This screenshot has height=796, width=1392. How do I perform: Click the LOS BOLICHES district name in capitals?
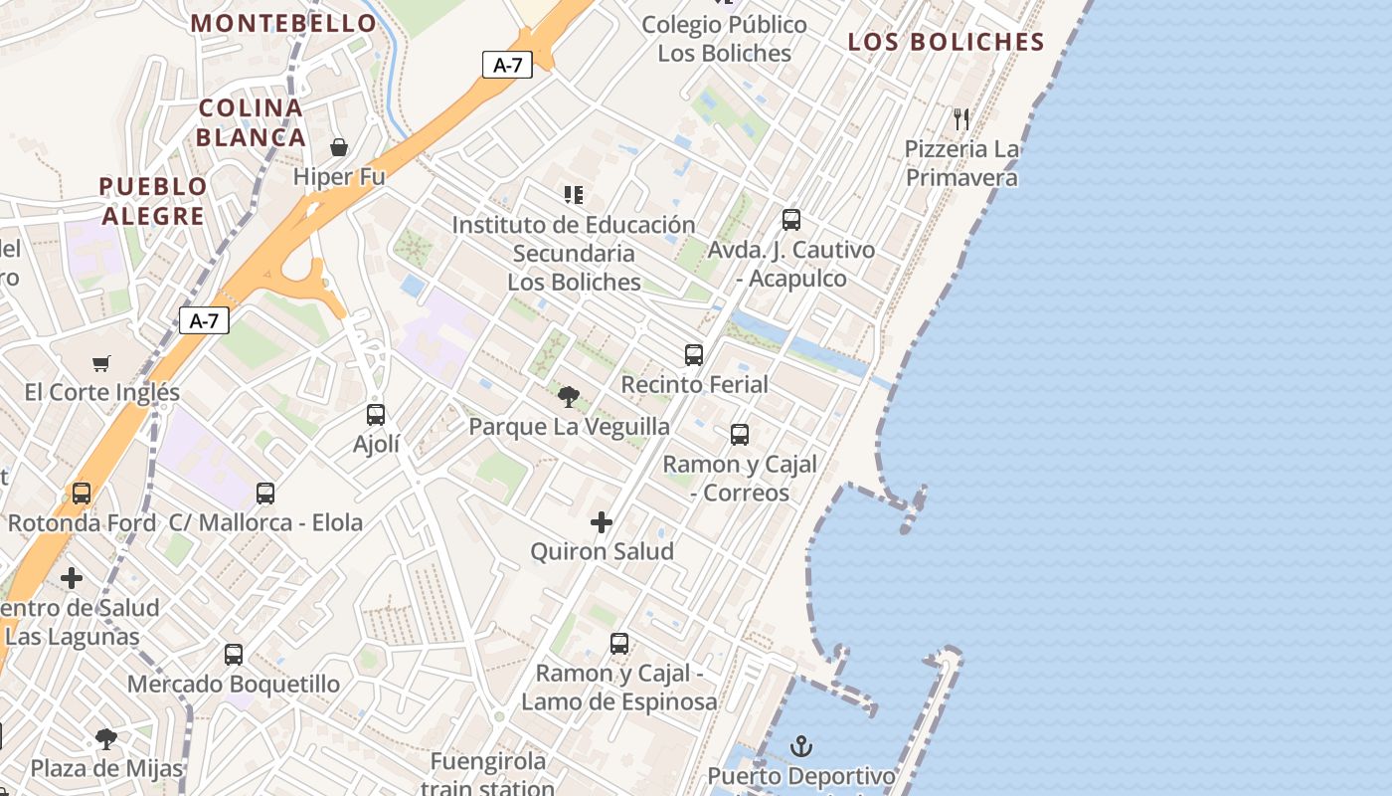click(x=947, y=42)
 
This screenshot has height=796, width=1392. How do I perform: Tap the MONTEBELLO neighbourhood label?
click(x=284, y=23)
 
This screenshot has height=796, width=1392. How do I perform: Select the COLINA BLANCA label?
click(x=252, y=122)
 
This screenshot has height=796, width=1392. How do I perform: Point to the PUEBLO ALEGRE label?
click(x=153, y=201)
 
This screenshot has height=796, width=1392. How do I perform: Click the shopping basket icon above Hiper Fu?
click(x=339, y=147)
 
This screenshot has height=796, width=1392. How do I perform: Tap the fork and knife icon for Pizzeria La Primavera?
click(x=961, y=119)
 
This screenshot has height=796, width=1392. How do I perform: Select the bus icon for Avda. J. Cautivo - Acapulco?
click(x=791, y=220)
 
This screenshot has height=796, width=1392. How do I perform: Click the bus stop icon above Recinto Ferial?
click(x=694, y=354)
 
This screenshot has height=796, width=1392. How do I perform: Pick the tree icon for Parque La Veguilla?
click(x=569, y=397)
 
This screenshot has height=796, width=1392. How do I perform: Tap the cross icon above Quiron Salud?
click(x=602, y=521)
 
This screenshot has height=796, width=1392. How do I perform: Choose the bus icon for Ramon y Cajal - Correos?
click(x=740, y=434)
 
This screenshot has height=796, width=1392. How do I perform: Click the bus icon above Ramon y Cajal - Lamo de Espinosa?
click(x=619, y=644)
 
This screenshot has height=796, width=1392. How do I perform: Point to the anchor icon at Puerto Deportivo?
click(x=801, y=745)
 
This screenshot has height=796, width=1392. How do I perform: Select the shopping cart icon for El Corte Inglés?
click(x=101, y=363)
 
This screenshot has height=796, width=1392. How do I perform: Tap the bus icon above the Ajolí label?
click(x=376, y=414)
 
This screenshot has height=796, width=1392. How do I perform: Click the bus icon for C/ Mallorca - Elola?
click(x=265, y=493)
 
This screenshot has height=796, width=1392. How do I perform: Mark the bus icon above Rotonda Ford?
click(x=82, y=493)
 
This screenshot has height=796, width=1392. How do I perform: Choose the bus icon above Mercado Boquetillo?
click(x=234, y=654)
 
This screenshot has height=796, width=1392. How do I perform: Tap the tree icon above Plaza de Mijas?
click(x=106, y=738)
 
